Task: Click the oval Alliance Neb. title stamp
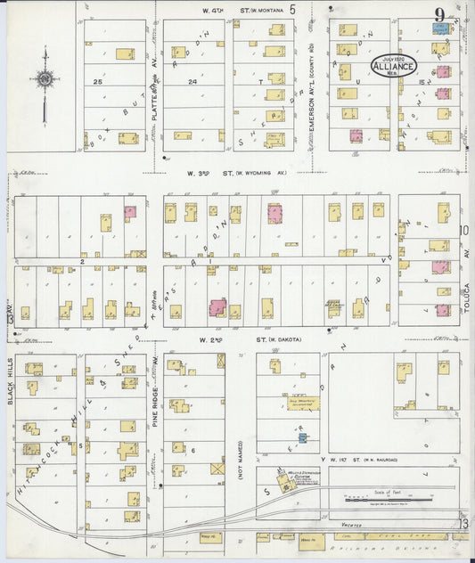pyautogui.click(x=393, y=67)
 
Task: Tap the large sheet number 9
pyautogui.click(x=439, y=14)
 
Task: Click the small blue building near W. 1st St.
pyautogui.click(x=302, y=437)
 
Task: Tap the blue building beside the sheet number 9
pyautogui.click(x=438, y=29)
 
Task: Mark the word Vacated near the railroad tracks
pyautogui.click(x=350, y=525)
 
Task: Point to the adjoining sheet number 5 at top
pyautogui.click(x=291, y=8)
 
